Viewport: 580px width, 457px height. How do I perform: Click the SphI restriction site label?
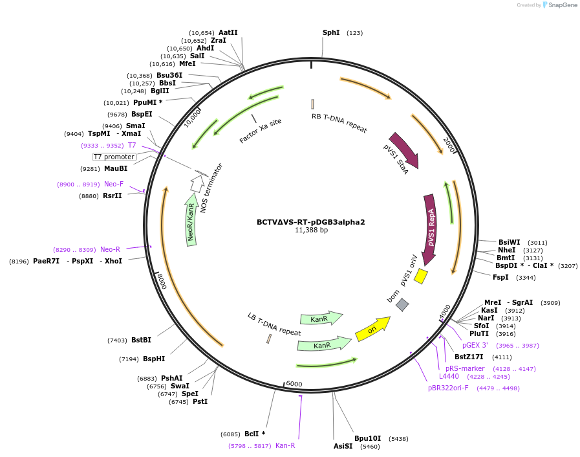[x=331, y=32]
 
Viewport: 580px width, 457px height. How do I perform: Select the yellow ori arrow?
[x=372, y=329]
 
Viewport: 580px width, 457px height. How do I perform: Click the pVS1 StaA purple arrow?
[x=404, y=150]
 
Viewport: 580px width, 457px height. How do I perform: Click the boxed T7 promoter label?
[x=114, y=157]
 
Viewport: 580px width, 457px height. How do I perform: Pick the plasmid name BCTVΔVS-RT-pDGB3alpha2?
[x=310, y=222]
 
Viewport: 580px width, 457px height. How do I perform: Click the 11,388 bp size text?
[x=311, y=230]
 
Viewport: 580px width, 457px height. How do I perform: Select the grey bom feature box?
[x=402, y=304]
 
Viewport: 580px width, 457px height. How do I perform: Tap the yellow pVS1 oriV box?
[x=421, y=276]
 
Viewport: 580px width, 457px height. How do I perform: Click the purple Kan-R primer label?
[x=285, y=445]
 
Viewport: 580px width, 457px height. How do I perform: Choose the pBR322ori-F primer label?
[x=447, y=388]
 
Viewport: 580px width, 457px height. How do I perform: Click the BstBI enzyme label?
[x=141, y=340]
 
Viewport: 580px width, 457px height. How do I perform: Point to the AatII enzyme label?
[x=228, y=32]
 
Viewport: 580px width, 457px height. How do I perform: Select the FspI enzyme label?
[x=500, y=277]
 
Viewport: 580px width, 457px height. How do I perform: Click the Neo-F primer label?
[x=114, y=184]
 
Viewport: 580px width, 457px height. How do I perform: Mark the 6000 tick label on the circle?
[x=294, y=384]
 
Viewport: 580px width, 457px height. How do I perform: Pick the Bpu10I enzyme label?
[x=367, y=438]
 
